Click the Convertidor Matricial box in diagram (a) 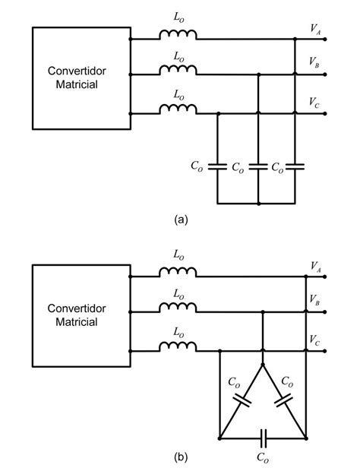pos(81,77)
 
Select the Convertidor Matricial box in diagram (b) pos(81,315)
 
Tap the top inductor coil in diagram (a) pos(178,36)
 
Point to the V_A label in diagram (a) pos(314,27)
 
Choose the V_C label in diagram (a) pos(314,105)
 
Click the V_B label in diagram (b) pos(314,301)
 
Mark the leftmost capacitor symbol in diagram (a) pos(218,166)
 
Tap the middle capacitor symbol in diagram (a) pos(258,166)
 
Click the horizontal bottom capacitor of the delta pos(263,438)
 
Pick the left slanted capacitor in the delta pos(241,400)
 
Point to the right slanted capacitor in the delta pos(285,400)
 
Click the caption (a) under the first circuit pos(180,220)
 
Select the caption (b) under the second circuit pos(180,457)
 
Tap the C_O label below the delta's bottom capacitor pos(263,457)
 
